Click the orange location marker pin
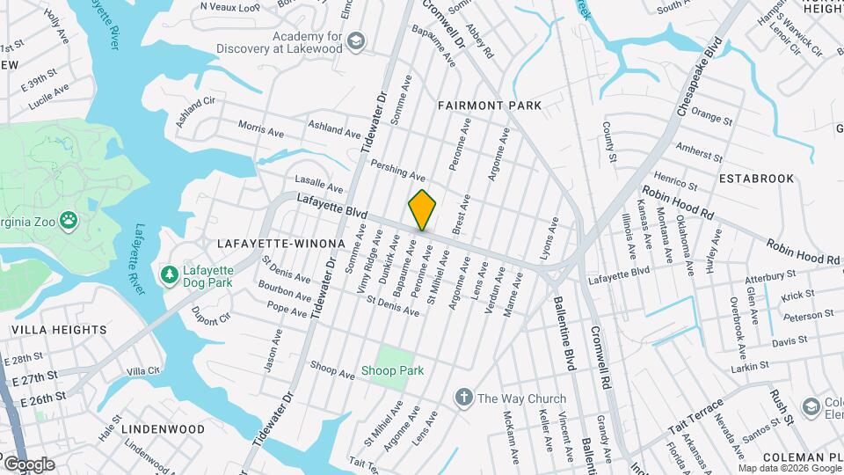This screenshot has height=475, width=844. [x=422, y=209]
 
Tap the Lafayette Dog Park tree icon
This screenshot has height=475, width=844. [x=169, y=276]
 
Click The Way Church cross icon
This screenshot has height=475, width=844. [x=463, y=398]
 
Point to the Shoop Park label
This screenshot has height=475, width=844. [x=392, y=371]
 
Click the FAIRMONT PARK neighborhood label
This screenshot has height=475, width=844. [x=490, y=106]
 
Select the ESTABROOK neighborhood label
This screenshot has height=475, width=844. [x=755, y=178]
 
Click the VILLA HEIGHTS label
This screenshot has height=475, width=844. [x=59, y=330]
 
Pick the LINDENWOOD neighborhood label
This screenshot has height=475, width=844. [x=163, y=428]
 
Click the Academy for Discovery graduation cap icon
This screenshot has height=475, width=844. [x=354, y=41]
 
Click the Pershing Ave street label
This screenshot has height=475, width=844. [x=397, y=164]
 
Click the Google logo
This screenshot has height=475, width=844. [x=29, y=464]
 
